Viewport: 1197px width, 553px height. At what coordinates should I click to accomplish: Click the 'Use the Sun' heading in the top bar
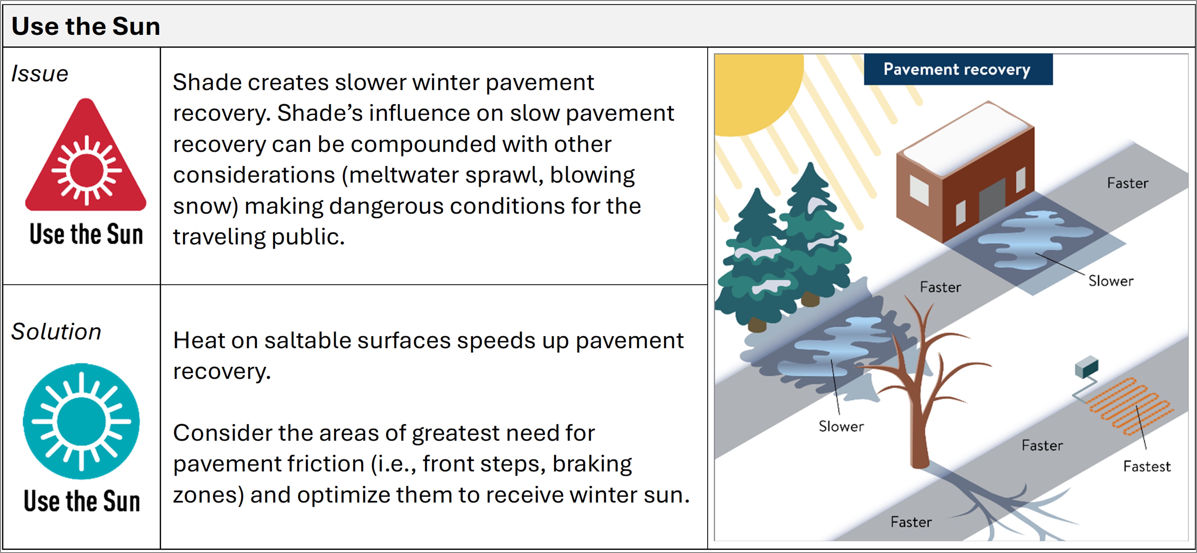coord(86,26)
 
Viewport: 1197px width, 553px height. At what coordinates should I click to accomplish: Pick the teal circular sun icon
coord(81,421)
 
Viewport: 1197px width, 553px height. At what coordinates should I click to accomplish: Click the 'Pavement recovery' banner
coord(957,69)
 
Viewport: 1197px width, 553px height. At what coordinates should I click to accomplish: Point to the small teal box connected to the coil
coord(1086,367)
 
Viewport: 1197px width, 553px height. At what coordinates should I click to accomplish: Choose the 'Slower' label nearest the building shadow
coord(1111,281)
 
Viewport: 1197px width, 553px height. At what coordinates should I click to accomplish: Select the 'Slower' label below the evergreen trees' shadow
coord(841,426)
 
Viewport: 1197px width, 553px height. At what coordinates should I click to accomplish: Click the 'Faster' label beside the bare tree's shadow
coord(911,522)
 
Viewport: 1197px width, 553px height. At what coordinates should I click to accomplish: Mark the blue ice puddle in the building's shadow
coord(1032,239)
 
